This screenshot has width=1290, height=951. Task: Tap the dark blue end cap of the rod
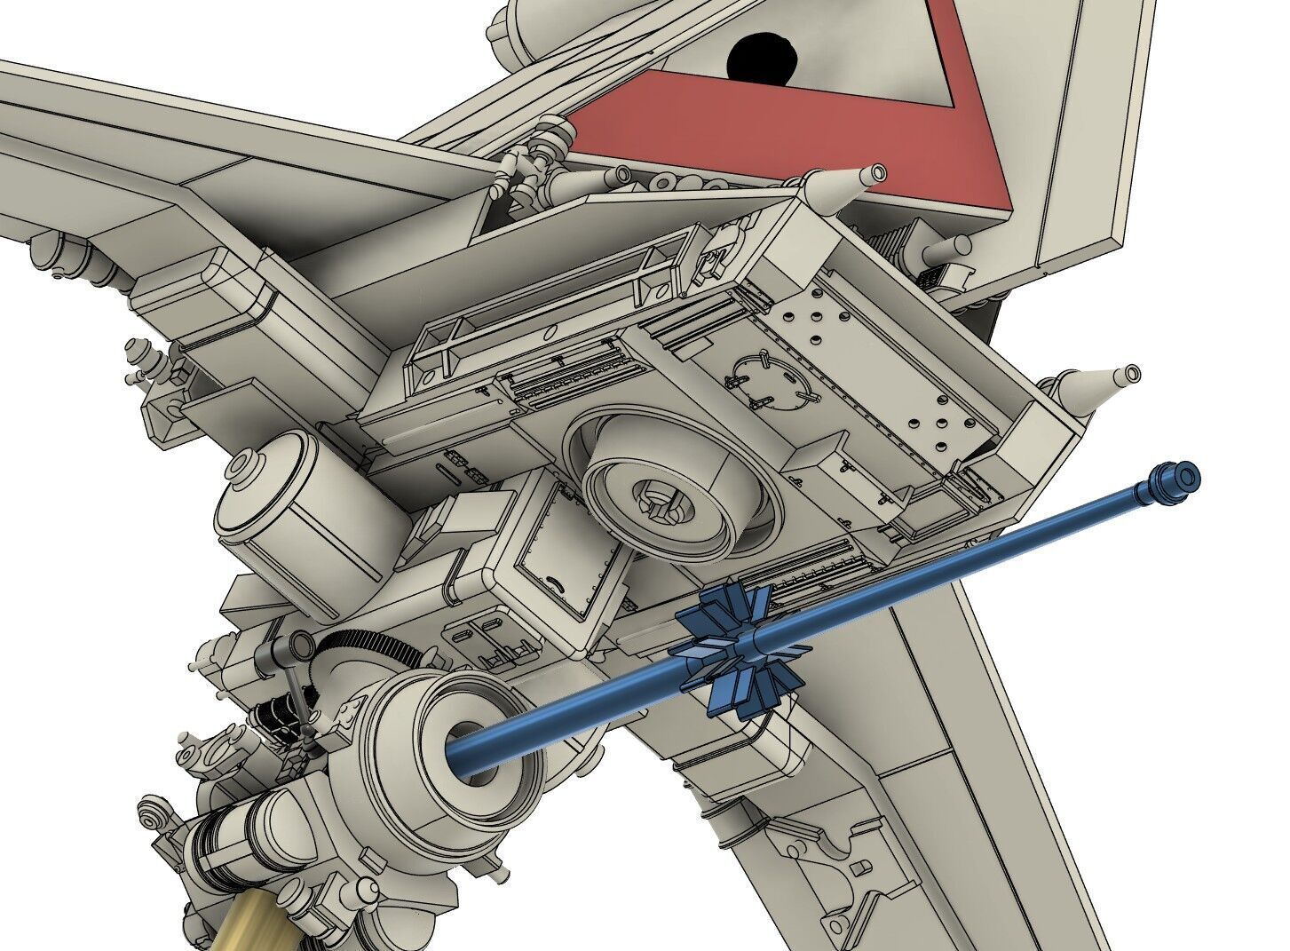1173,480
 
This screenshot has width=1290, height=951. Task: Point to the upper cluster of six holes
817,329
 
